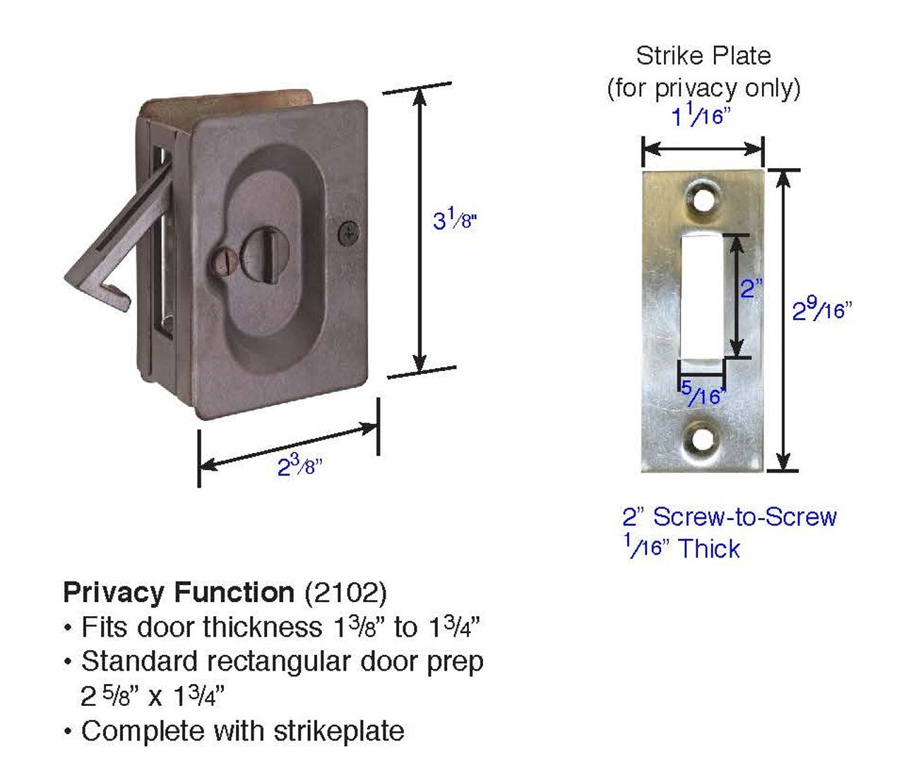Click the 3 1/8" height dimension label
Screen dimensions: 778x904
(x=455, y=220)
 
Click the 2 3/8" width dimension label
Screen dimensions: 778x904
(x=299, y=466)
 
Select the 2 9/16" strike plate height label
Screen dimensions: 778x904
(x=822, y=310)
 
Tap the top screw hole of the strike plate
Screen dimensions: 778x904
(x=703, y=199)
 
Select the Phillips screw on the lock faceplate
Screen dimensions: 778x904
(x=348, y=233)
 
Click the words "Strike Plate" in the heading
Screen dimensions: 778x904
(x=703, y=56)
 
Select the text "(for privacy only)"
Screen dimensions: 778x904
(x=703, y=88)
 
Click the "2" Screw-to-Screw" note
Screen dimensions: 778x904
(x=729, y=517)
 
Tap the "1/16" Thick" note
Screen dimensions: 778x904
(x=683, y=548)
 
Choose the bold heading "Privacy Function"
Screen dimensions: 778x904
(x=179, y=592)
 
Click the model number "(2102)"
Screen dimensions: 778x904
(x=345, y=592)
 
